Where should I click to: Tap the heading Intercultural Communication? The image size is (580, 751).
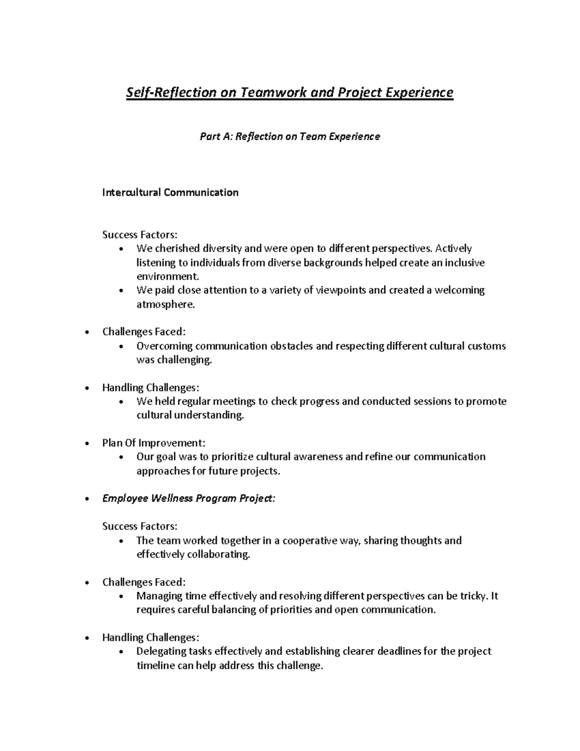pyautogui.click(x=170, y=192)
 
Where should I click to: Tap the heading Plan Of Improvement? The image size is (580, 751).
pyautogui.click(x=154, y=443)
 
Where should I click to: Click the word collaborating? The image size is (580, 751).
pyautogui.click(x=218, y=555)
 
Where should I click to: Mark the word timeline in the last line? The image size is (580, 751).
pyautogui.click(x=155, y=666)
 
